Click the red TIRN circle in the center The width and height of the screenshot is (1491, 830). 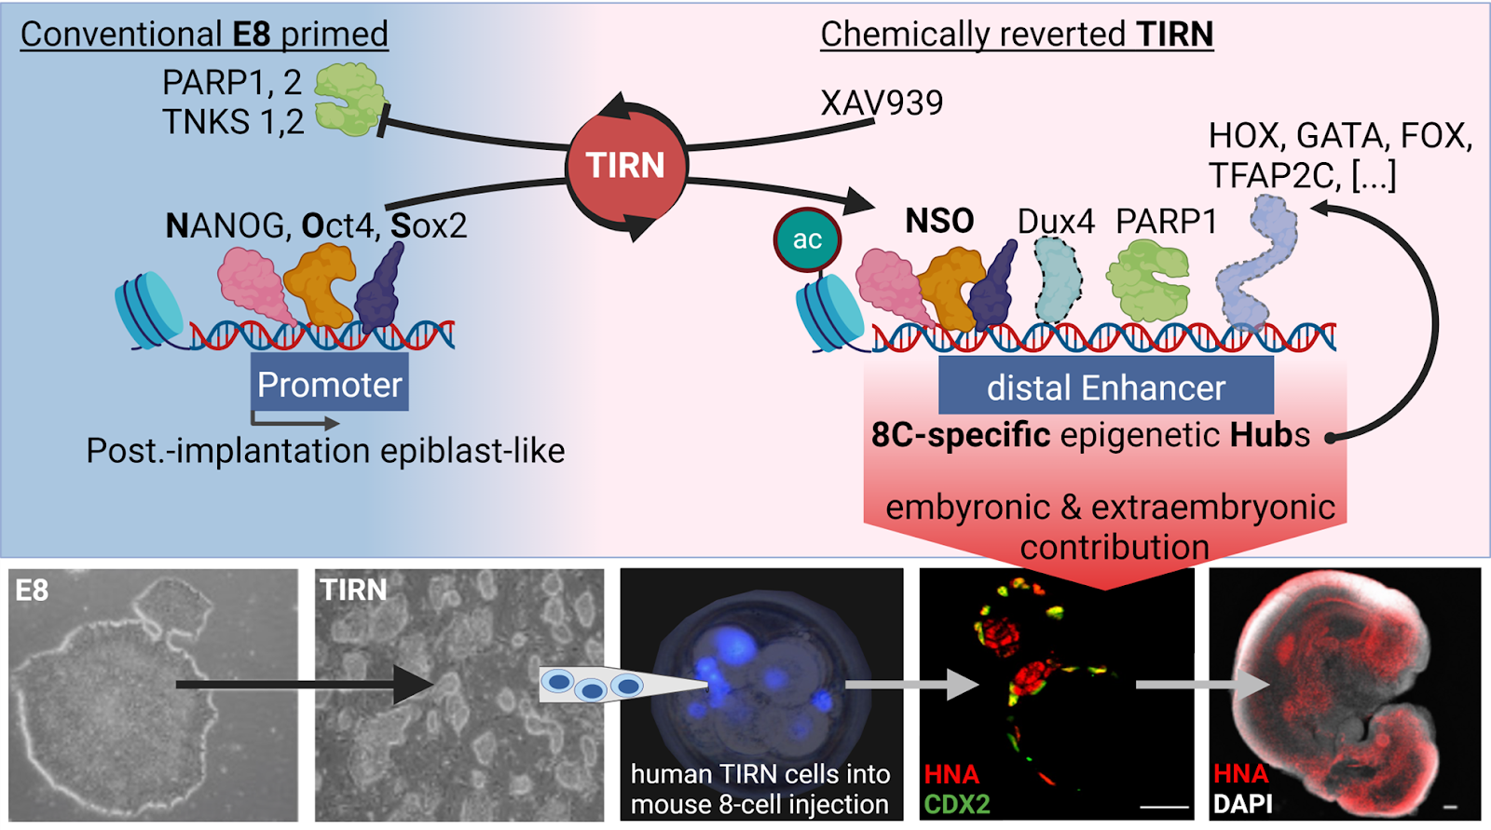(x=625, y=166)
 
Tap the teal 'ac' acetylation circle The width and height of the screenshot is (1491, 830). (x=807, y=239)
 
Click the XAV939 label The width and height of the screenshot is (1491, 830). (x=882, y=102)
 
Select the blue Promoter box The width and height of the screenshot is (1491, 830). (x=329, y=384)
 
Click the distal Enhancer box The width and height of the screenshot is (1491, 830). (x=1105, y=388)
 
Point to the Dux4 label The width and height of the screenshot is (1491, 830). (x=1056, y=222)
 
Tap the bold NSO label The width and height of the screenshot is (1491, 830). (x=939, y=222)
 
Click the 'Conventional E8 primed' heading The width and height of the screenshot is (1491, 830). (x=204, y=34)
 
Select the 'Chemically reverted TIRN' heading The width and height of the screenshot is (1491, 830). (x=1017, y=34)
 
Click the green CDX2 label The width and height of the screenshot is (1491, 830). (x=957, y=804)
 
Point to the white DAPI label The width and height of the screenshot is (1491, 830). (x=1243, y=804)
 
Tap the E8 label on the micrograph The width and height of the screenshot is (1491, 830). (x=32, y=591)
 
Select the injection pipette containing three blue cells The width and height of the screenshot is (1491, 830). (x=615, y=686)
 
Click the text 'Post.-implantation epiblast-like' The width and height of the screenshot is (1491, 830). (x=325, y=451)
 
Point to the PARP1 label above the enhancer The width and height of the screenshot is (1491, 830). (x=1167, y=222)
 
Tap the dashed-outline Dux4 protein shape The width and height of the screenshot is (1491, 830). (x=1059, y=280)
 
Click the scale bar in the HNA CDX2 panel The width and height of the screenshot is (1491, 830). (x=1164, y=806)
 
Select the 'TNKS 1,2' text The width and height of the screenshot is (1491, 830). (x=233, y=122)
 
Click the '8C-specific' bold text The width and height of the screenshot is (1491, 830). (x=960, y=435)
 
